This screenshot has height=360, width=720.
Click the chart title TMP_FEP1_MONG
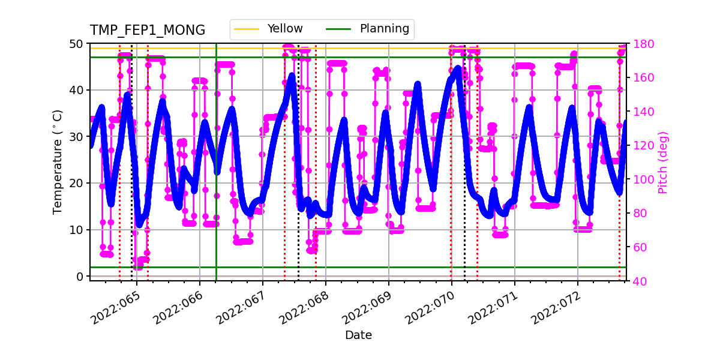click(x=148, y=31)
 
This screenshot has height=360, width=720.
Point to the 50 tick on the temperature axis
click(x=78, y=44)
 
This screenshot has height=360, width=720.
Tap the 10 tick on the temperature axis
click(x=78, y=230)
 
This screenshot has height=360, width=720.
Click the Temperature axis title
click(x=58, y=162)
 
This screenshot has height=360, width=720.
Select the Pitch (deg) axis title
click(x=663, y=162)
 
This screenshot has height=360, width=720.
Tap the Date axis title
click(x=358, y=335)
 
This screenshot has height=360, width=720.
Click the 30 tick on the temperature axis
click(x=78, y=137)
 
